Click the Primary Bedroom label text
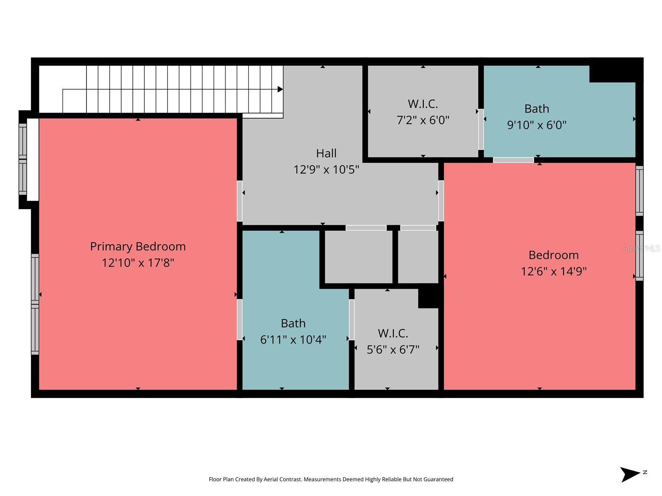[138, 246]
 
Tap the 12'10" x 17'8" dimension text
[138, 263]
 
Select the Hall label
[326, 153]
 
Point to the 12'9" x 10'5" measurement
[326, 169]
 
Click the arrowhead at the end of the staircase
[280, 89]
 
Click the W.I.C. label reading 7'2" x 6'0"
[423, 104]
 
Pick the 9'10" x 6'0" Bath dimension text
[537, 125]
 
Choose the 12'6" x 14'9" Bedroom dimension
[554, 271]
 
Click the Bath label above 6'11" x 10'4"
[293, 323]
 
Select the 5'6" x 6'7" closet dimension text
[393, 350]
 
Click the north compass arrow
[630, 474]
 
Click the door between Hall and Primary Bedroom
[240, 201]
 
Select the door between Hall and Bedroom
[441, 201]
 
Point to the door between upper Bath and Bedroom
[513, 160]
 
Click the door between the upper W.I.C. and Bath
[481, 129]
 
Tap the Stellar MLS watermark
[642, 248]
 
